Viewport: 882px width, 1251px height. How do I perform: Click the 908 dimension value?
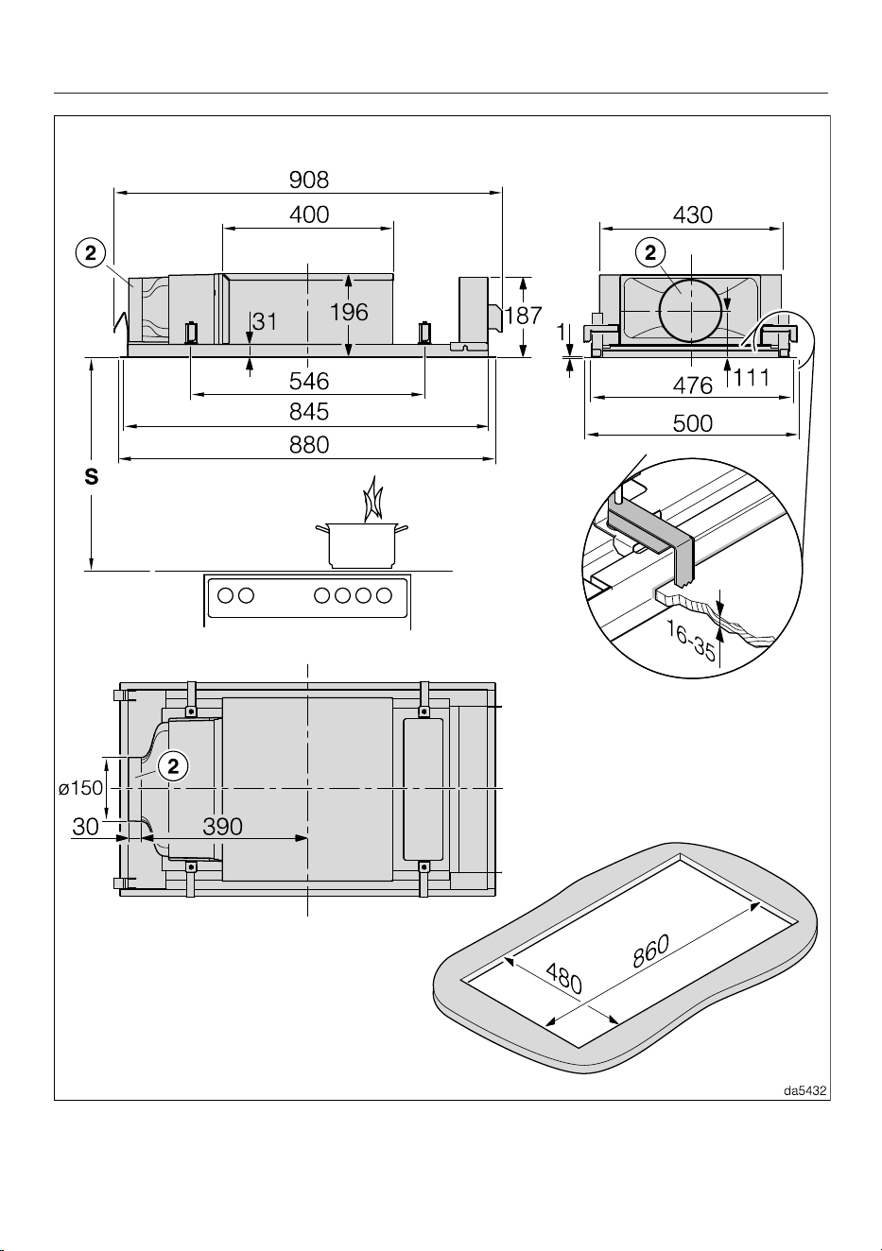pos(309,180)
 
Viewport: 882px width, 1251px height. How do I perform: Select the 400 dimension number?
pos(309,215)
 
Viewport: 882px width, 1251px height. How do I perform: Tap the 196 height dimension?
pos(349,312)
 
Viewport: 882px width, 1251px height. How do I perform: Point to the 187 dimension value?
pos(524,316)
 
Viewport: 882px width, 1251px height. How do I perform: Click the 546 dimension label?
pos(309,382)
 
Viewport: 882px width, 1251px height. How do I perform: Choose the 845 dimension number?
pos(309,412)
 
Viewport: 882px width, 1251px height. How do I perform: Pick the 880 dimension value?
pos(309,445)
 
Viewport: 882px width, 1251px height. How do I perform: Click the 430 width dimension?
pos(693,215)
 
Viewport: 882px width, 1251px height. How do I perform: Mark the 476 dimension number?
pos(693,386)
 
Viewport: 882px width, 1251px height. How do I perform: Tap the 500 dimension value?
pos(693,424)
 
